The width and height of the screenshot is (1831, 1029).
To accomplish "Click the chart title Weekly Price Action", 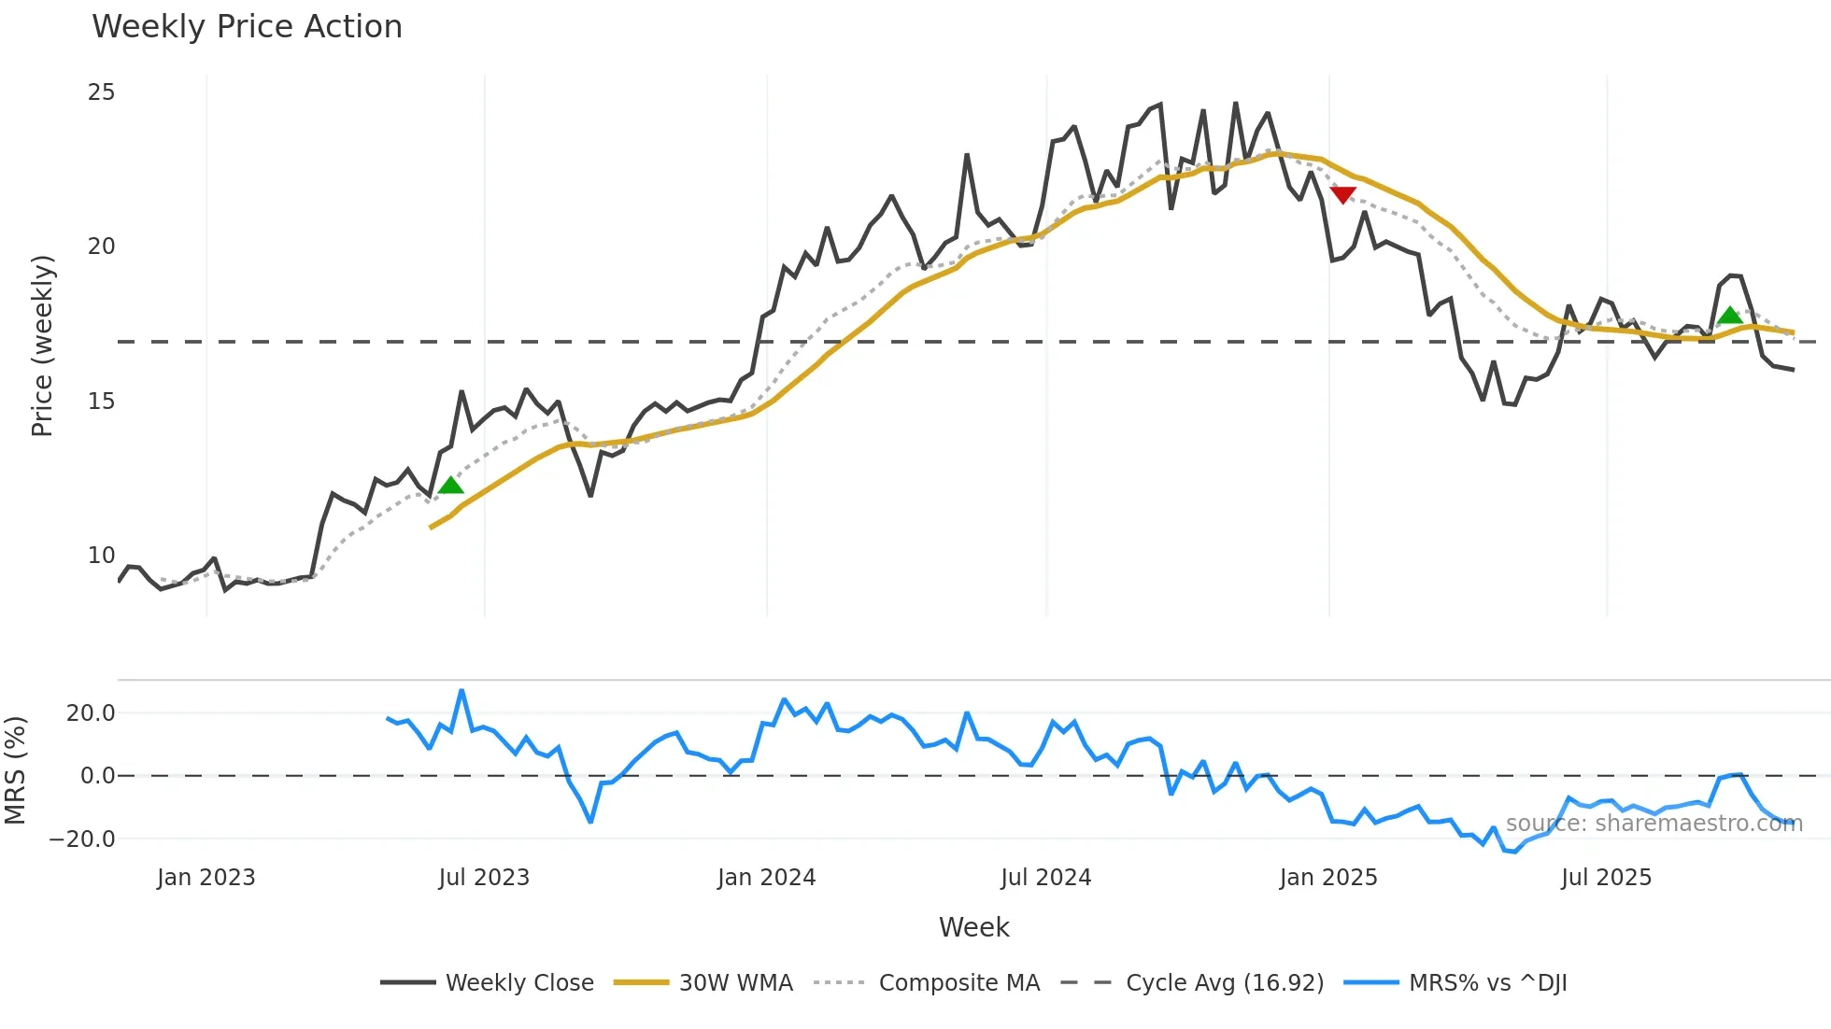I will pos(247,27).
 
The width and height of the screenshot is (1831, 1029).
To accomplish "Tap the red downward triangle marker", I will pos(1342,194).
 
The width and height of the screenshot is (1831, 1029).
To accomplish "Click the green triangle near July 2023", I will pos(451,485).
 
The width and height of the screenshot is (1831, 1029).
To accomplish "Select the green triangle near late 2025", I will pos(1730,316).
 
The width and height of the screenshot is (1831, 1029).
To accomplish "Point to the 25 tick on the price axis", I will pos(101,92).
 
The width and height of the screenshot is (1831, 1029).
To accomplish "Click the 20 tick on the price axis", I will pos(101,247).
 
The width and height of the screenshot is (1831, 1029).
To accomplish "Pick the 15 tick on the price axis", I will pos(101,402).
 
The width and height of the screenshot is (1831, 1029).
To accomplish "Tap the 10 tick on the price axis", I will pos(101,556).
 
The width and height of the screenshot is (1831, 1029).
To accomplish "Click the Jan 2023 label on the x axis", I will pos(206,878).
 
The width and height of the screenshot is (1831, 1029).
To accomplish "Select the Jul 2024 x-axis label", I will pos(1045,878).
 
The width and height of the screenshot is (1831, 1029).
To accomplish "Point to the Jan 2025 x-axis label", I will pos(1327,878).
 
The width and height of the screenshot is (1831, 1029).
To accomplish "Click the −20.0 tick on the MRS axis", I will pos(82,839).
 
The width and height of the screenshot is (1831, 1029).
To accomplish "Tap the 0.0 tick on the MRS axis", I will pos(97,776).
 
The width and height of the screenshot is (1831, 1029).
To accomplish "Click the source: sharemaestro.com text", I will pos(1654,824).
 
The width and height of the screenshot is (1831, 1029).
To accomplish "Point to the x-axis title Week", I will pos(973,927).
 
